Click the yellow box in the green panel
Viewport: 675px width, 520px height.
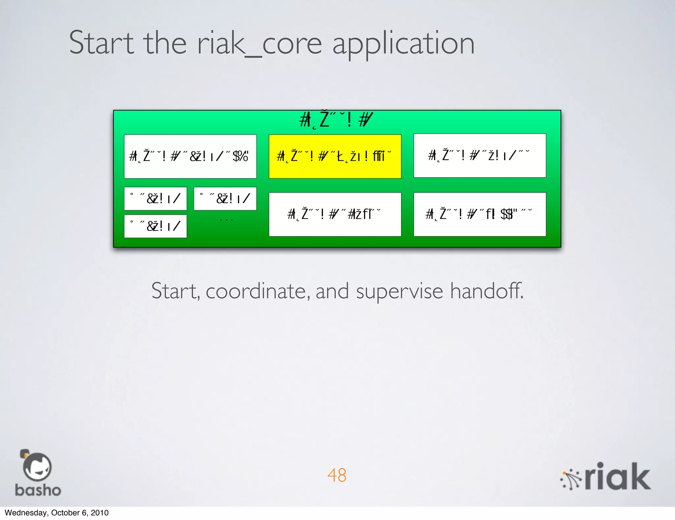335,156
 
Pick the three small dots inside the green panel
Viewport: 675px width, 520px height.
226,220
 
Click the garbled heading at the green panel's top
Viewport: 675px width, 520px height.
336,119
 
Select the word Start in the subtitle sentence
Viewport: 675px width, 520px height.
175,291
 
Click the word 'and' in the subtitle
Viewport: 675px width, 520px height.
332,291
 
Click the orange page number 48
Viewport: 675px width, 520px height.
337,475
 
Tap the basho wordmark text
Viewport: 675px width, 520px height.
38,490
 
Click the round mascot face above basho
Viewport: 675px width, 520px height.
37,467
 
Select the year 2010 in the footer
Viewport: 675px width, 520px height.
100,513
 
